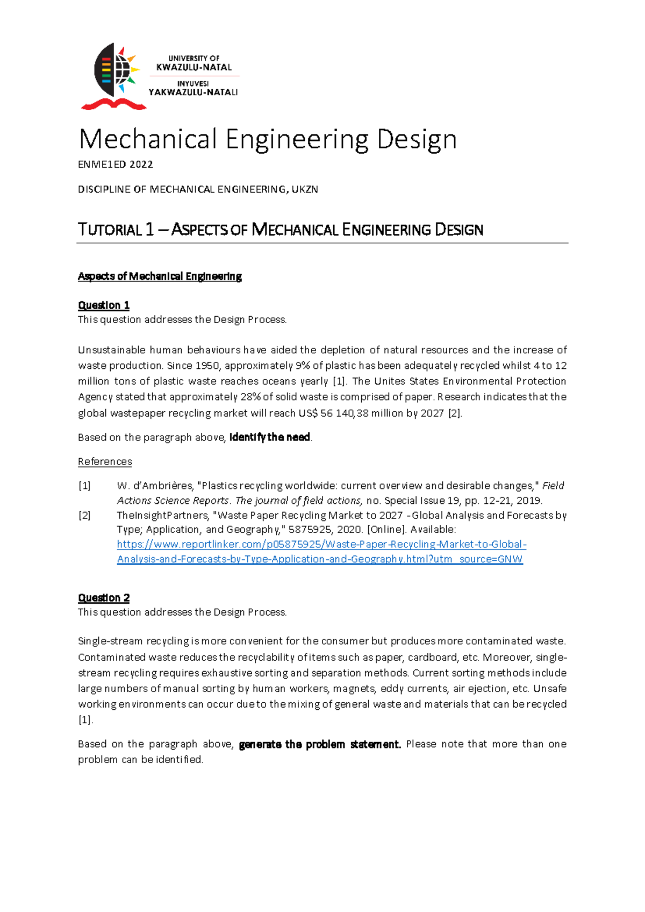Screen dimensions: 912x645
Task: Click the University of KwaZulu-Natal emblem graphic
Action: point(114,70)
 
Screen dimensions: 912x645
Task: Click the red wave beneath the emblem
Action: point(113,104)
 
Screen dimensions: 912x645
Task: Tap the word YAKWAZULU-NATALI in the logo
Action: point(193,92)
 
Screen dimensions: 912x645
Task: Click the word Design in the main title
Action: point(417,139)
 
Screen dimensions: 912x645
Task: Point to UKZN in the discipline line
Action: point(305,189)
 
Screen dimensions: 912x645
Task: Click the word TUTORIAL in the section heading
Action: point(110,230)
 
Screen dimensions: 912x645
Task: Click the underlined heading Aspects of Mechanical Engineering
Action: point(160,276)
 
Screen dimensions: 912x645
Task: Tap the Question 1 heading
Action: point(104,305)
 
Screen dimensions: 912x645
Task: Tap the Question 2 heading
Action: point(104,598)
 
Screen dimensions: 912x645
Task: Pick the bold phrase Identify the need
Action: point(270,437)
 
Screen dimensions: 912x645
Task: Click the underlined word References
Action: point(105,461)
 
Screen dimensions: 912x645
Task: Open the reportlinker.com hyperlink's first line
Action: point(321,544)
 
